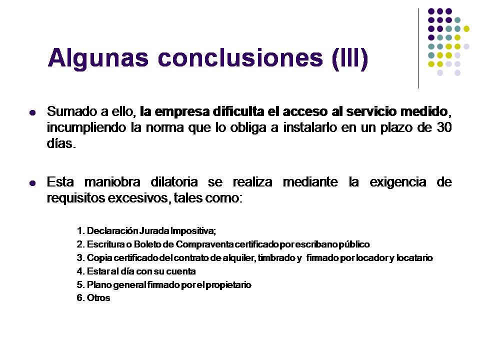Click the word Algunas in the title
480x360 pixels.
(98, 58)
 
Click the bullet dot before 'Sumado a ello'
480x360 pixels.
(32, 112)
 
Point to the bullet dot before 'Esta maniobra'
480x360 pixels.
(32, 183)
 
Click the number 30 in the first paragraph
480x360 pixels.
(444, 127)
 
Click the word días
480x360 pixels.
(60, 143)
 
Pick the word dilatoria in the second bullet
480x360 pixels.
(174, 182)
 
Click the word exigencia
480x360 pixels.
(398, 182)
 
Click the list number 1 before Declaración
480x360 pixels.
(79, 231)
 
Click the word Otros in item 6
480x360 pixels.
(98, 298)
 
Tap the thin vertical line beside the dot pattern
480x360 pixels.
(418, 48)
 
